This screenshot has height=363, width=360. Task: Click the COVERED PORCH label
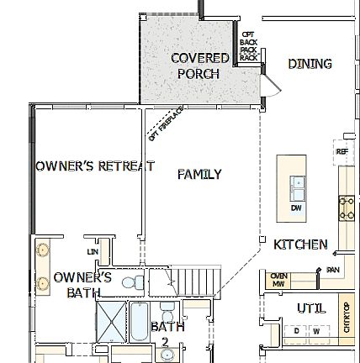tap(199, 66)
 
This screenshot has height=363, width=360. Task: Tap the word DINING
tap(310, 64)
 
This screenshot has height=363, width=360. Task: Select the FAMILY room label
tap(199, 175)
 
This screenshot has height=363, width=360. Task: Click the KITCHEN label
tap(302, 245)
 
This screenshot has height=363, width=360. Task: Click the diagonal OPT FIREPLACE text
tap(158, 126)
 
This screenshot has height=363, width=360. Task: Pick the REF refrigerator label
tap(341, 151)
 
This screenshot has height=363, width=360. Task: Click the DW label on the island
tap(295, 206)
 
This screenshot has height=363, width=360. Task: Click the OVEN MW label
tap(279, 279)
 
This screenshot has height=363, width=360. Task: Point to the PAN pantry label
tap(332, 270)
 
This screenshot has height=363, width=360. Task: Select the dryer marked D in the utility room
tap(296, 331)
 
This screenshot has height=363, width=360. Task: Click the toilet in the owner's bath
tap(134, 282)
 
